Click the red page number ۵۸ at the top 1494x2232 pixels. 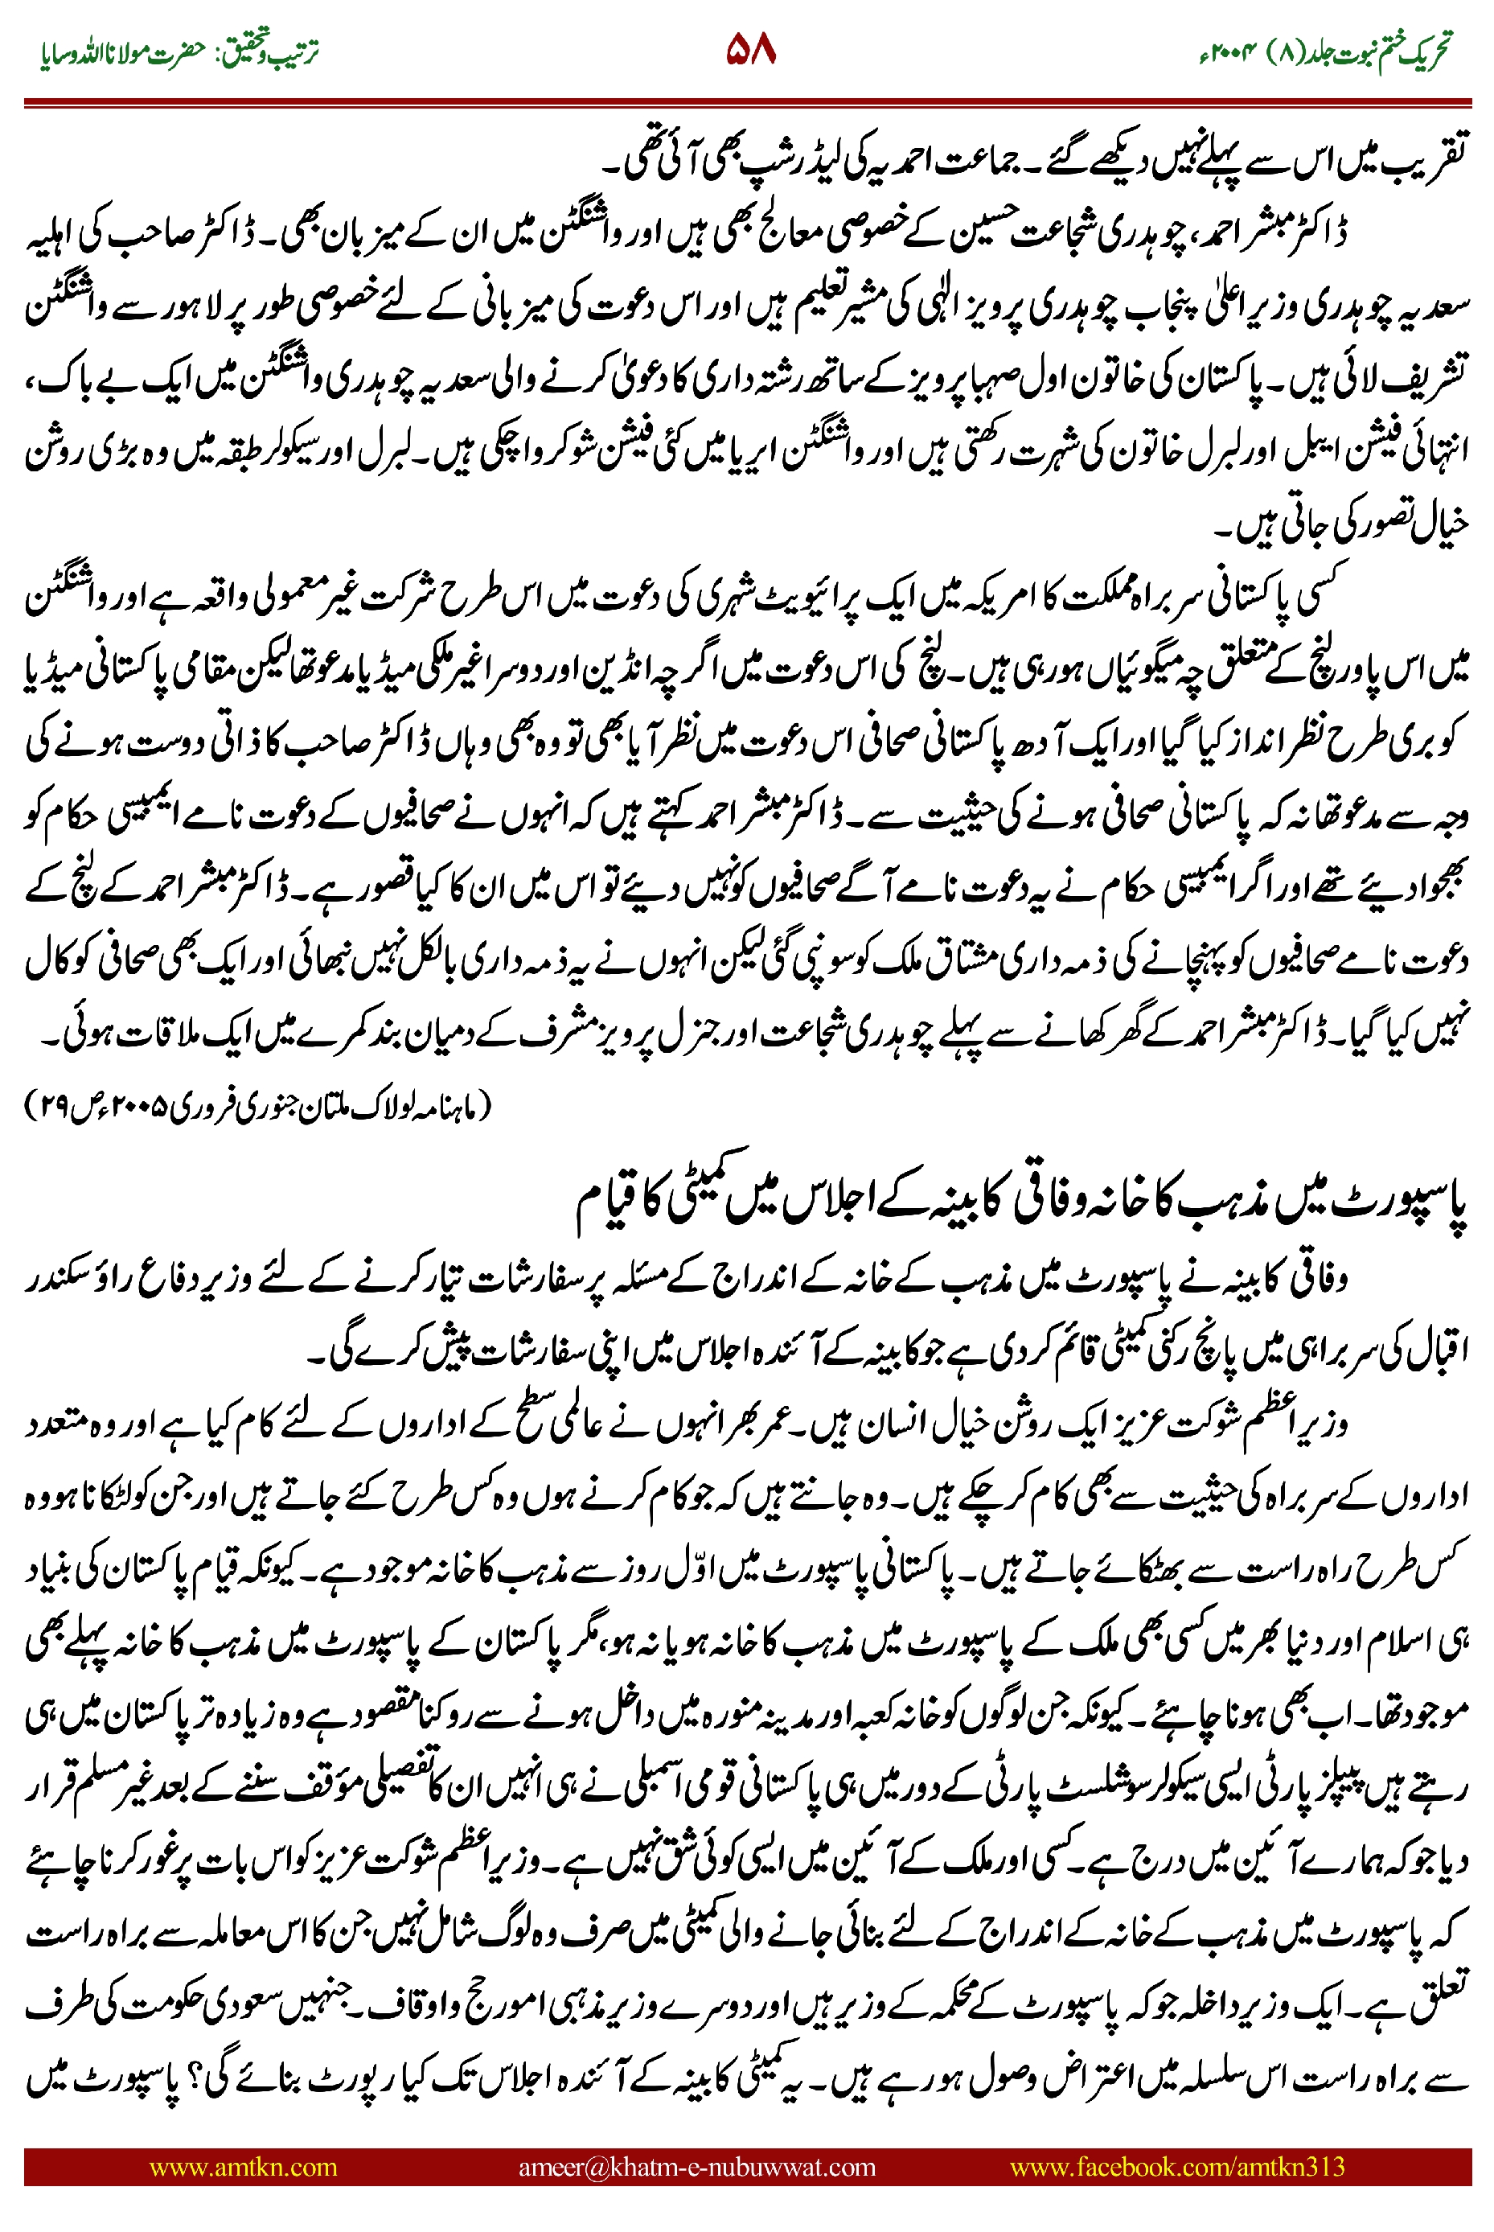tap(751, 50)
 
